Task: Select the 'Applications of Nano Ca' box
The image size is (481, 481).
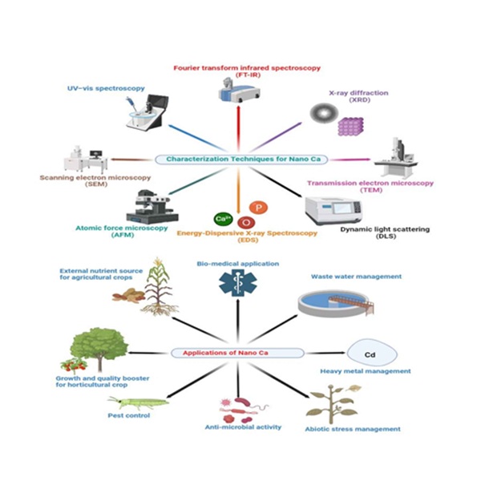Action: (236, 352)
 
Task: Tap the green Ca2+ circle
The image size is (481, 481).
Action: (224, 217)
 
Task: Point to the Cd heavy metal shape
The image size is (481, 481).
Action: (370, 352)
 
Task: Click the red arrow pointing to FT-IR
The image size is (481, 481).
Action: (238, 128)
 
